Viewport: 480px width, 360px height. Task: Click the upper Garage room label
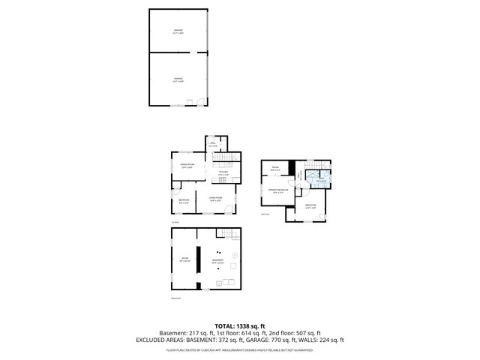(178, 32)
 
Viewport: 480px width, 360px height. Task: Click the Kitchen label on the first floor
(223, 172)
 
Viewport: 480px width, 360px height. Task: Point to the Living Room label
(217, 199)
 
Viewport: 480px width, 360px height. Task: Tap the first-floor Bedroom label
(184, 200)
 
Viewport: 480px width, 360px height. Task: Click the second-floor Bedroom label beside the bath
(310, 205)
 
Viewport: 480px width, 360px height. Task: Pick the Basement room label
(217, 261)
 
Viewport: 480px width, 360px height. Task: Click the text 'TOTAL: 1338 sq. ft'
(239, 326)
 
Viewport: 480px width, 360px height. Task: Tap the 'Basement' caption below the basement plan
(176, 298)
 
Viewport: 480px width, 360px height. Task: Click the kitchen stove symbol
(223, 178)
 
